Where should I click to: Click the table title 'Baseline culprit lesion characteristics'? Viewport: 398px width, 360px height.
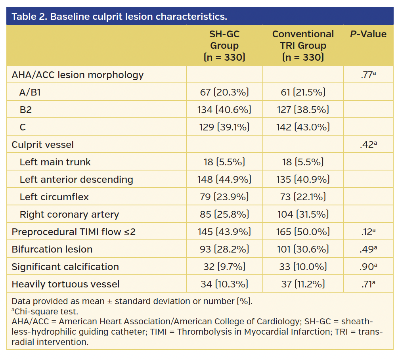[119, 17]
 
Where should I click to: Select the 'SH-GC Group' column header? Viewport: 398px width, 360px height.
[224, 46]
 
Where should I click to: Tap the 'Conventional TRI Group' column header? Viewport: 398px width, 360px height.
[303, 46]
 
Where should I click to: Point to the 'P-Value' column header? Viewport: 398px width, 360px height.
[368, 34]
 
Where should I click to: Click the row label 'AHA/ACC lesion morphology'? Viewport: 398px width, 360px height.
[78, 75]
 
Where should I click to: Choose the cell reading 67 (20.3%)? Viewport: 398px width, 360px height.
[224, 92]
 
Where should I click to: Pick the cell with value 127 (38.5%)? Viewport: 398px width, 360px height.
[303, 110]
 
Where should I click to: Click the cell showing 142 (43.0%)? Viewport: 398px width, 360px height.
[303, 127]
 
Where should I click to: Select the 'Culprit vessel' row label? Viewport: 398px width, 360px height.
[43, 145]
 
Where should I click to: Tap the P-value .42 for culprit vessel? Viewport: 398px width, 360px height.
[368, 145]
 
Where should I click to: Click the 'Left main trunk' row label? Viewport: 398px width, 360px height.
[55, 162]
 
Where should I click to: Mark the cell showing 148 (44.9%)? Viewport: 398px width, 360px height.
[224, 180]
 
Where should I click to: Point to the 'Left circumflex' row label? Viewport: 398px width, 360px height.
[54, 197]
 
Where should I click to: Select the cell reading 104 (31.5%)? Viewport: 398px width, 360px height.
[303, 214]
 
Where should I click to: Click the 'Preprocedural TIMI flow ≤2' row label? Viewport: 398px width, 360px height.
[74, 232]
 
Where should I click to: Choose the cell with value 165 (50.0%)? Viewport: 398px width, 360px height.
[303, 232]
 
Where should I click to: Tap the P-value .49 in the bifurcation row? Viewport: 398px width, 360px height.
[368, 249]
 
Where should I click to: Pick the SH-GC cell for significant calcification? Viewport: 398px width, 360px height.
[224, 267]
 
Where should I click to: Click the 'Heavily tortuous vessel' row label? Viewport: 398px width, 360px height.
[65, 284]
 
